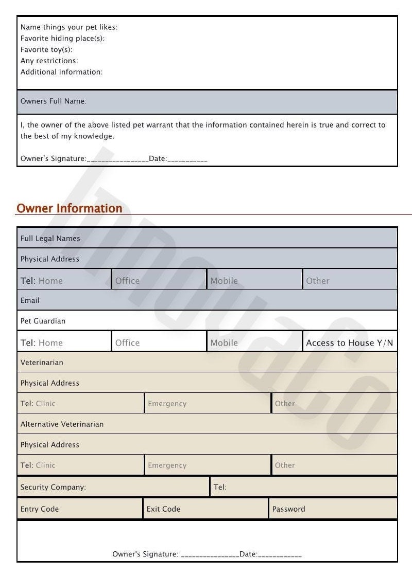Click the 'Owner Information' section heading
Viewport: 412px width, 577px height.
point(70,208)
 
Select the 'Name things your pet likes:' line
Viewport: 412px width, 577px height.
point(69,27)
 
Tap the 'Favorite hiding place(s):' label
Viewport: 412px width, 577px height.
point(63,39)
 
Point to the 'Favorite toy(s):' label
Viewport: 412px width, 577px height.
point(46,50)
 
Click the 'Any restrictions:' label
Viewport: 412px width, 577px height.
point(49,61)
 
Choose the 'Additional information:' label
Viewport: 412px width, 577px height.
point(61,72)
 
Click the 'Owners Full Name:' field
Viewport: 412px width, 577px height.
point(54,101)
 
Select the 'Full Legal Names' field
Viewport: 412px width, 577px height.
point(50,239)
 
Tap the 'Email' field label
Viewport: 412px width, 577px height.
point(30,300)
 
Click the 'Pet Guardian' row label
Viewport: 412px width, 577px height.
point(43,321)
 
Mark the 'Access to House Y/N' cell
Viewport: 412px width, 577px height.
point(350,343)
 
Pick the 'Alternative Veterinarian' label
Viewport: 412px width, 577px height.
point(62,424)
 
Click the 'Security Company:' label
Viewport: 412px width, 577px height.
point(53,487)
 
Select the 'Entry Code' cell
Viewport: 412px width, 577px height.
point(40,509)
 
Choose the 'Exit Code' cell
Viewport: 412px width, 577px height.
point(163,509)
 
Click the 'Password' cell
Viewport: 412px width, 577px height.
point(288,509)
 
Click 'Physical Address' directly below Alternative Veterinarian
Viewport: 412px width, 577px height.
point(50,445)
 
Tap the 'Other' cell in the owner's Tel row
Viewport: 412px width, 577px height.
point(318,281)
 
